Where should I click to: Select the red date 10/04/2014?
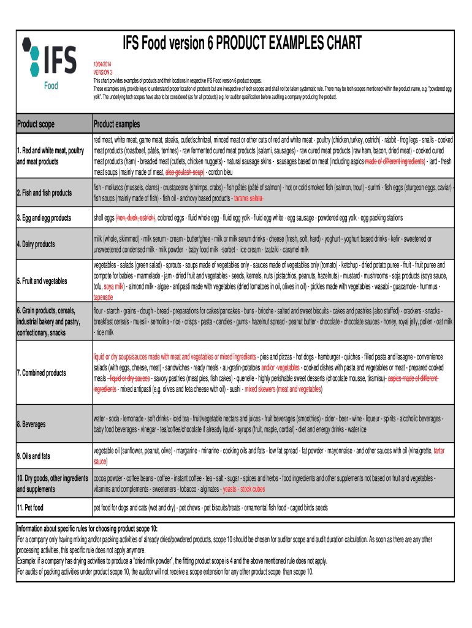[103, 64]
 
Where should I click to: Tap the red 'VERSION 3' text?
[103, 72]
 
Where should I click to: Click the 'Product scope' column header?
[36, 124]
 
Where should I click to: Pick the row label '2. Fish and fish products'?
[44, 193]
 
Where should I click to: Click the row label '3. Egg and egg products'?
[44, 218]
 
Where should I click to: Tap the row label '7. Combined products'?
[41, 373]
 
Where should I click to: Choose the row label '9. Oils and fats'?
[34, 456]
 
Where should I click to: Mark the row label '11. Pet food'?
[30, 508]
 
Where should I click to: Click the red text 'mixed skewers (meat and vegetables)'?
[283, 389]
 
